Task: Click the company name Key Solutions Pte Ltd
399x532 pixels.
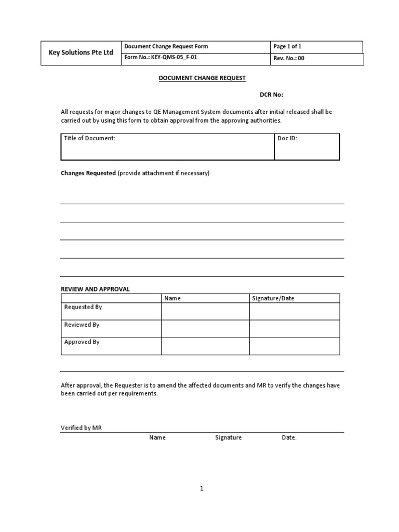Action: pos(81,53)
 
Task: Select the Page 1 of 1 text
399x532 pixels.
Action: pos(287,46)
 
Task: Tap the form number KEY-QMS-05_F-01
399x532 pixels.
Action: pos(161,58)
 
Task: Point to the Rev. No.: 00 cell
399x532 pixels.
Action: pos(289,59)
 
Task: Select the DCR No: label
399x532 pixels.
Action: pos(271,95)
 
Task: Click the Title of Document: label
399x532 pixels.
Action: pos(89,139)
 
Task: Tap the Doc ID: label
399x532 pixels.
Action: pos(287,139)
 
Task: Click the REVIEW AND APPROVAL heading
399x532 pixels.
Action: pos(95,289)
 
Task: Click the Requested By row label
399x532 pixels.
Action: pos(83,307)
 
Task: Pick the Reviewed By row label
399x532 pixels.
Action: pos(82,325)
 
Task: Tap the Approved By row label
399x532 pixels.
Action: pos(82,342)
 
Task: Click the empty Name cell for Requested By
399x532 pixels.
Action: pos(205,311)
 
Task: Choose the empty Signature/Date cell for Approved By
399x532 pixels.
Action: pos(294,346)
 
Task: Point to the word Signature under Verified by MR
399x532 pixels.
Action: pos(229,437)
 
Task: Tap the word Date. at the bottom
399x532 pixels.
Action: pos(289,437)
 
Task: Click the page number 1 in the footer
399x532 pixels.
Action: pos(202,488)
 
